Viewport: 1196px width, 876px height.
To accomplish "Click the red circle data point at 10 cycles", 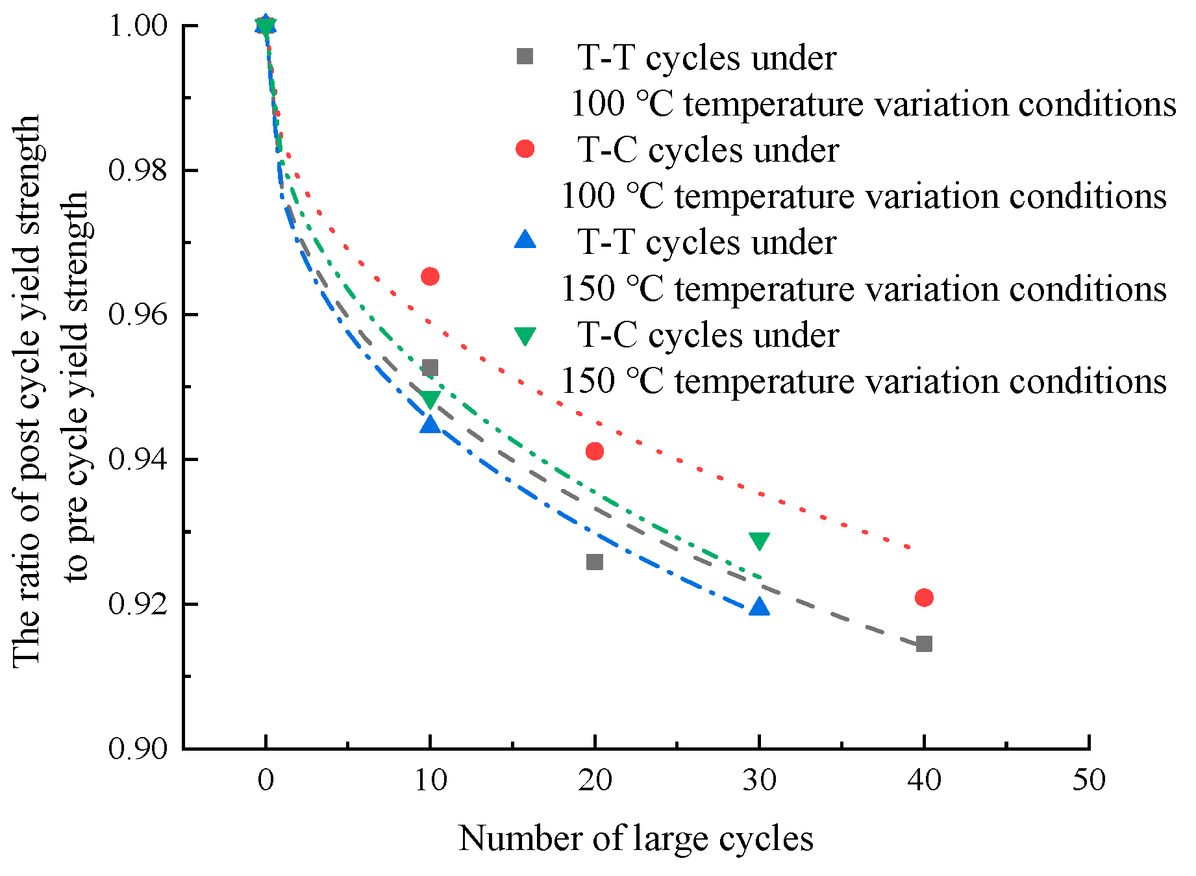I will pos(430,277).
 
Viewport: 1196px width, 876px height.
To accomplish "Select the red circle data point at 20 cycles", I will pos(595,451).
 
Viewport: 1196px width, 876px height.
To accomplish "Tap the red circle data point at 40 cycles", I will pos(924,597).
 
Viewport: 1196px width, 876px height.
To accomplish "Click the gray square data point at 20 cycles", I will pos(595,562).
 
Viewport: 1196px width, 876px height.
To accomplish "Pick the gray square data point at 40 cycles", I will pos(924,644).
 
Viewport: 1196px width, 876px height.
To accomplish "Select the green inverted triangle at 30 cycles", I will pos(759,540).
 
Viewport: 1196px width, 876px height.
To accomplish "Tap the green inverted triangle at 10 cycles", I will pos(430,399).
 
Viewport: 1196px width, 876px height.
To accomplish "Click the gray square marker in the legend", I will pos(525,57).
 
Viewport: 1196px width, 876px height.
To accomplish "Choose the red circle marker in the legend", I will pos(525,149).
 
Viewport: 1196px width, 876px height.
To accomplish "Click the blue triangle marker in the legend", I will pos(525,241).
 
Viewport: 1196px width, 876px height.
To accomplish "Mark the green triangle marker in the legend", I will pos(525,335).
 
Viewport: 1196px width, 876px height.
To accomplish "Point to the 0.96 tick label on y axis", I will pos(138,315).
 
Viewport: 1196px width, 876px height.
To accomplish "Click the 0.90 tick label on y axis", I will pos(138,749).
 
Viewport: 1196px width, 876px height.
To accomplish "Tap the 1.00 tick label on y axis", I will pos(138,26).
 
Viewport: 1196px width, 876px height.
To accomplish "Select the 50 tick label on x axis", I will pos(1088,780).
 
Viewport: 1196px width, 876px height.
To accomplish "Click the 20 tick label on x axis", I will pos(595,780).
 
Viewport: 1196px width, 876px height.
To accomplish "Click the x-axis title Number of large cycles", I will pos(636,838).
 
